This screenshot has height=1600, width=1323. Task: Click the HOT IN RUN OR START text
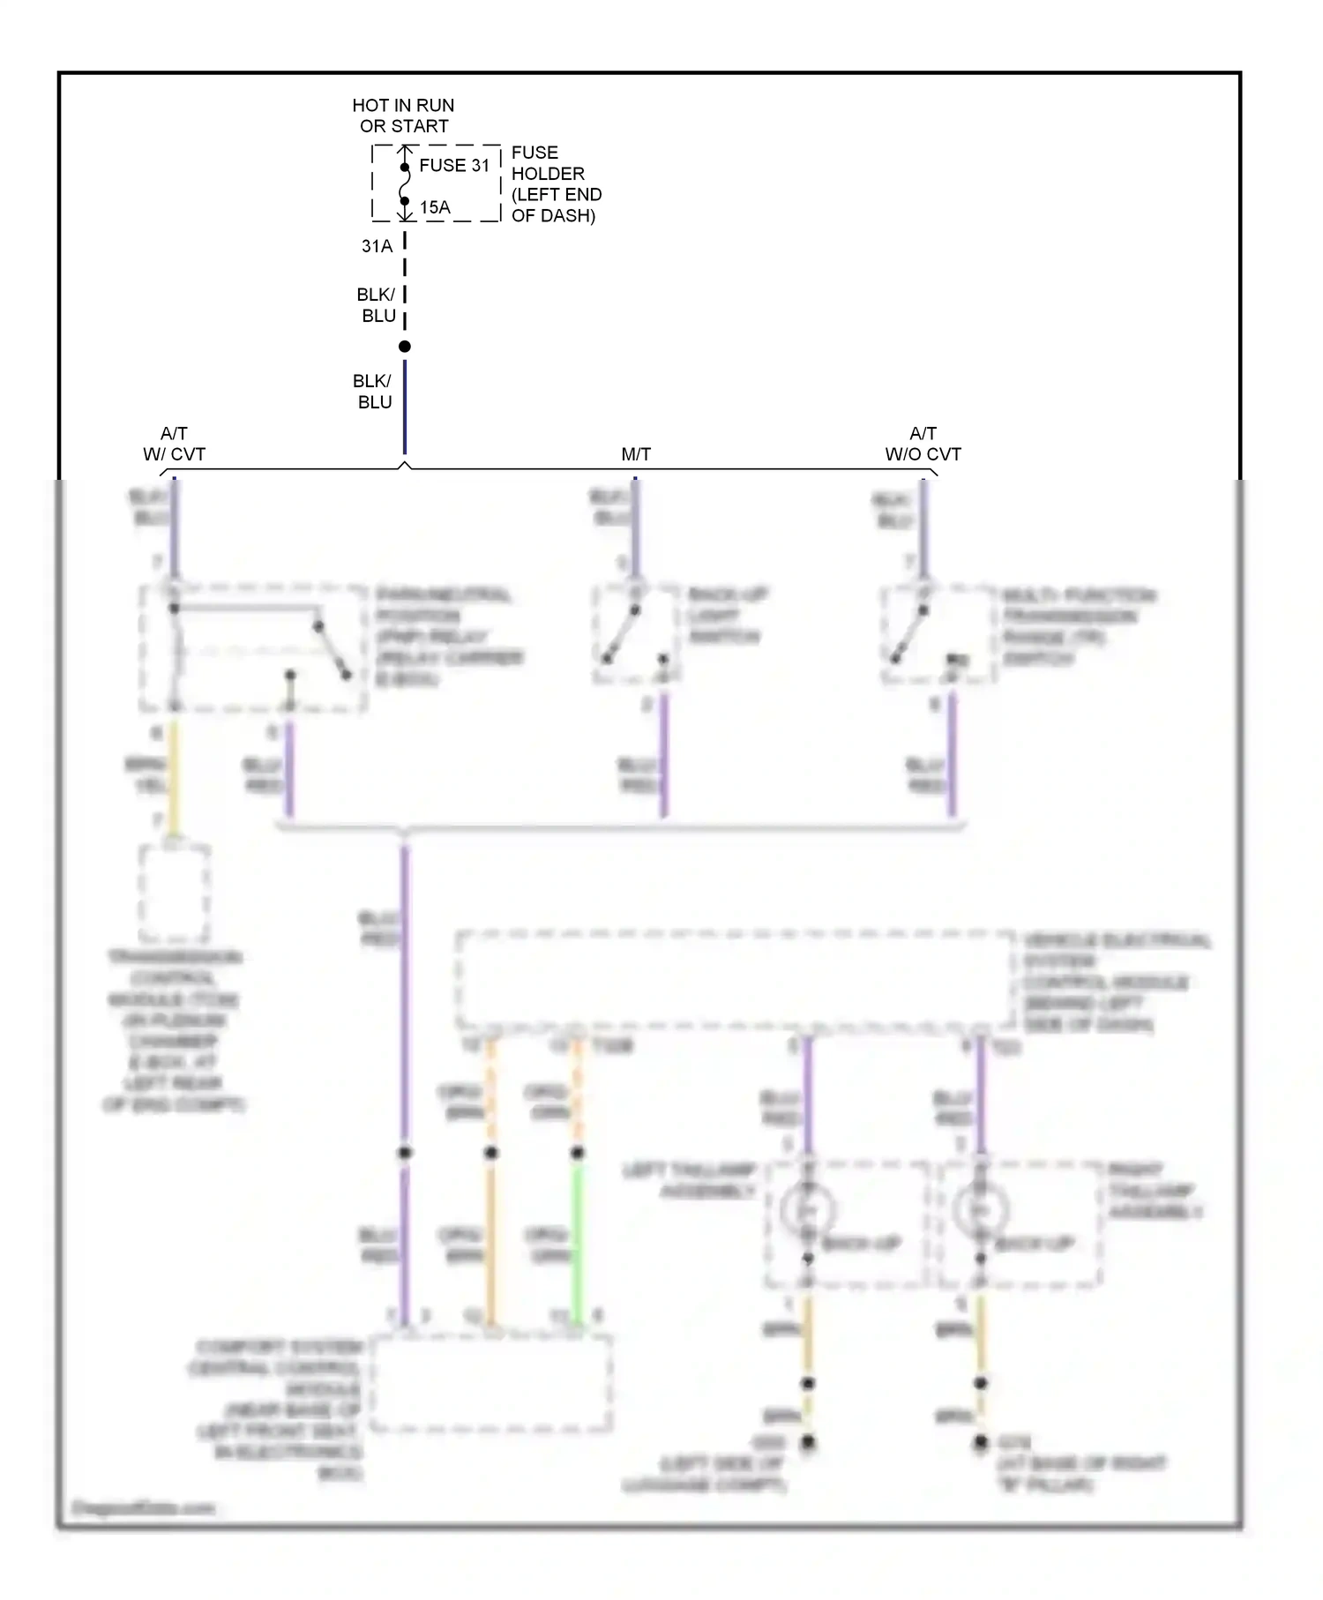click(403, 116)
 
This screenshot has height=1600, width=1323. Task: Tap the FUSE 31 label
click(453, 166)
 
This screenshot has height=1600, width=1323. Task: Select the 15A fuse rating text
click(435, 207)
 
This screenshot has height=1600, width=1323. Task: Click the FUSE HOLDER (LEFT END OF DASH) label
click(555, 183)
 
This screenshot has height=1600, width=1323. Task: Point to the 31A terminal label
click(377, 246)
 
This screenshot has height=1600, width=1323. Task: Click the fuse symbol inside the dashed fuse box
click(405, 184)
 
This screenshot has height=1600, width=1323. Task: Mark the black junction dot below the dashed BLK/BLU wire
click(405, 347)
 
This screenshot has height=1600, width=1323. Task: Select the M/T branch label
click(635, 454)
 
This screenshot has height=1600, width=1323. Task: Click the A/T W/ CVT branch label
click(174, 444)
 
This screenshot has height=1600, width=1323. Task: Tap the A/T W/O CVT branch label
click(923, 444)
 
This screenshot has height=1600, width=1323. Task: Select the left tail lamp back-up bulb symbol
click(807, 1210)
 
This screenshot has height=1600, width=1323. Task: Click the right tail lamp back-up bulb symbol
click(980, 1210)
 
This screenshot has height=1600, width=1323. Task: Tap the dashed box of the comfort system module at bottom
click(490, 1383)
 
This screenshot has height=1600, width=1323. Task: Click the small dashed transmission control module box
click(174, 893)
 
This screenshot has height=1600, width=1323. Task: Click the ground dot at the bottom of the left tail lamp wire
click(807, 1443)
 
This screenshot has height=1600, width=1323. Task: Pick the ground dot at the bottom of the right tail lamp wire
click(980, 1443)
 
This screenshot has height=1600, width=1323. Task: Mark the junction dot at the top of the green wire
click(578, 1153)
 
